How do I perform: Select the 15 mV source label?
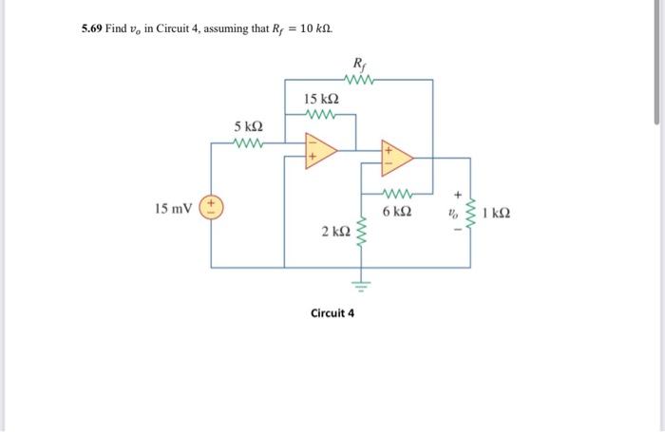coord(173,208)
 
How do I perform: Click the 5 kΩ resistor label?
coord(249,126)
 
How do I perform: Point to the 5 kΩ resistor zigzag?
coord(248,145)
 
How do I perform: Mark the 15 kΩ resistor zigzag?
coord(322,117)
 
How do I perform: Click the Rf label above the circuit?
coord(358,64)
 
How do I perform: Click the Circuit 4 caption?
coord(332,312)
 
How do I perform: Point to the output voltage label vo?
coord(455,214)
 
